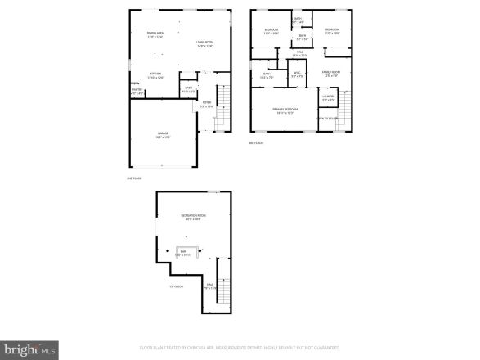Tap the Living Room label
(x=204, y=43)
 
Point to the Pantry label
(x=137, y=92)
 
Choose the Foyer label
(x=207, y=104)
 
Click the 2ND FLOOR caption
(x=134, y=177)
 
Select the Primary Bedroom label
(x=285, y=110)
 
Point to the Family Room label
(x=330, y=74)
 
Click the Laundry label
(x=328, y=98)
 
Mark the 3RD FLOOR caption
(x=256, y=143)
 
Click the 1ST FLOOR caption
(x=176, y=286)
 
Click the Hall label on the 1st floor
(x=209, y=286)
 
